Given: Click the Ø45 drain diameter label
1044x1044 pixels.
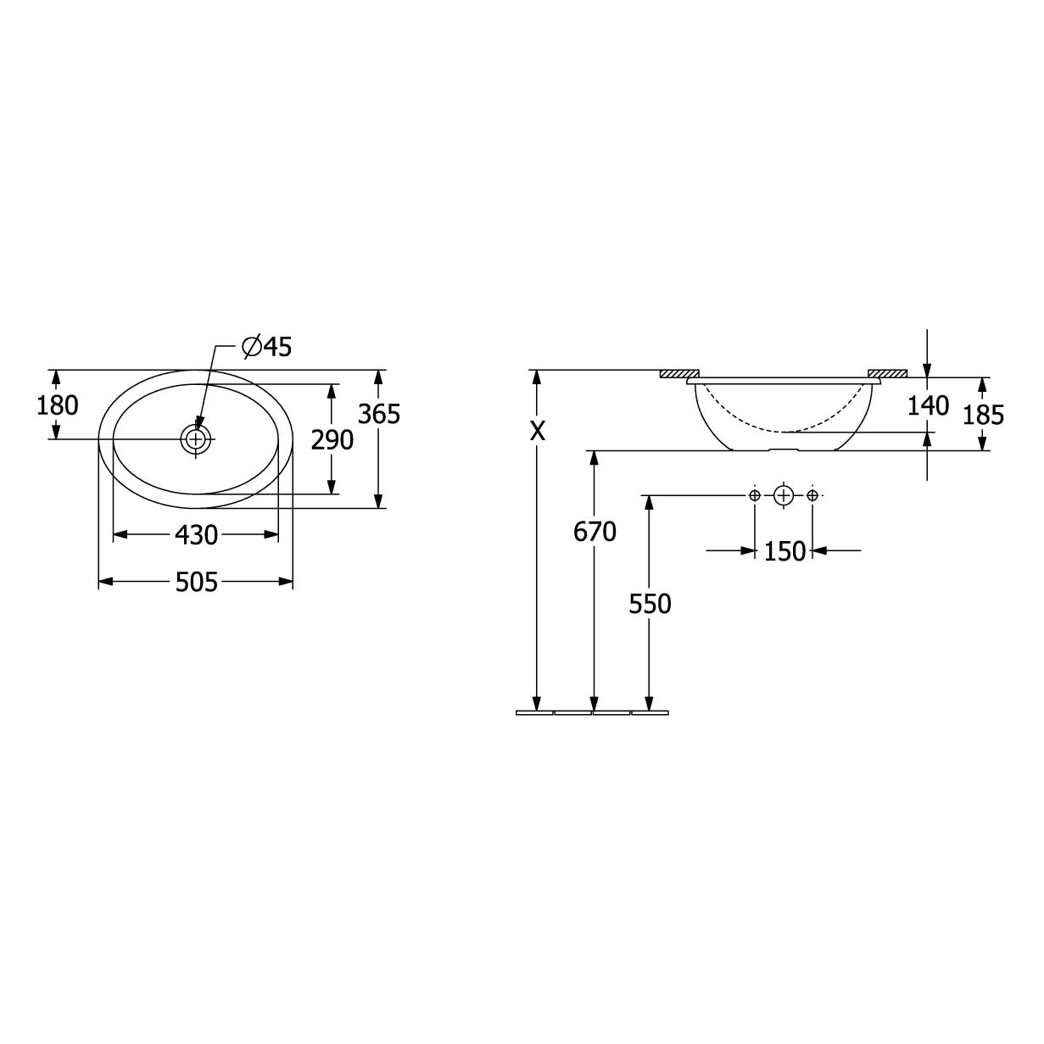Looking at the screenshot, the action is click(266, 347).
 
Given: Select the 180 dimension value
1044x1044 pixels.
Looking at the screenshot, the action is click(58, 405).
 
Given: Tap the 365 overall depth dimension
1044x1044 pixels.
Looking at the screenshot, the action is click(379, 415).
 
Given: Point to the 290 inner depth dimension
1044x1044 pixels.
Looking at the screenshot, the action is click(332, 440).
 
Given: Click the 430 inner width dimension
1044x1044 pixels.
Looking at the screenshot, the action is click(196, 535).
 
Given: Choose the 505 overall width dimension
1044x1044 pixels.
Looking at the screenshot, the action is click(196, 583).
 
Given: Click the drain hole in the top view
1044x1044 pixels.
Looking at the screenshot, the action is click(196, 438).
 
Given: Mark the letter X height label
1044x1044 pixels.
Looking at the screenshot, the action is click(538, 431).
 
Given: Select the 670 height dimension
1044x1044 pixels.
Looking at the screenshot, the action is click(595, 532).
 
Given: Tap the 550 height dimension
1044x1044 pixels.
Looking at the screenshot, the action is click(650, 604).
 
